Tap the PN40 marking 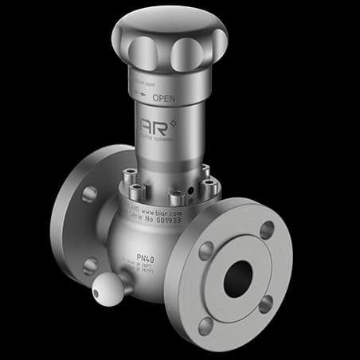(x=146, y=258)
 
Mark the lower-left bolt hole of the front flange (x=205, y=323)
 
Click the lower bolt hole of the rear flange (x=88, y=265)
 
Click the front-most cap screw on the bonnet (x=174, y=194)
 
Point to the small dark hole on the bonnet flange (x=191, y=192)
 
